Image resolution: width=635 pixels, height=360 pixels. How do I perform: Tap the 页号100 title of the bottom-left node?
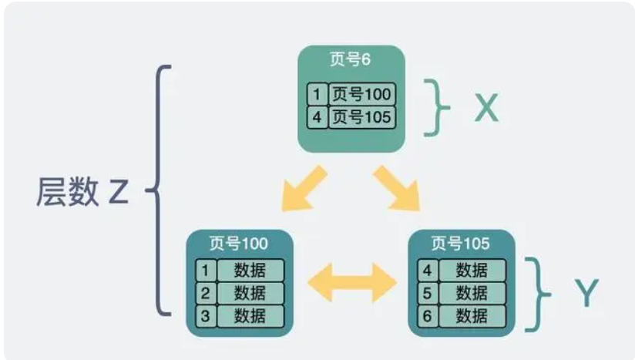(x=239, y=244)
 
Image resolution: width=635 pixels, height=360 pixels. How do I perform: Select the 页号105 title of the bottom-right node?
(x=460, y=244)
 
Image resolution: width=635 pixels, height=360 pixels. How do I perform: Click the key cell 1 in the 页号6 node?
(x=317, y=95)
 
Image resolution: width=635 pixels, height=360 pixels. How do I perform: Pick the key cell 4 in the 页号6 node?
(x=317, y=118)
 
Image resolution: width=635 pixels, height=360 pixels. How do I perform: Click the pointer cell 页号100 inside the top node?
(x=362, y=95)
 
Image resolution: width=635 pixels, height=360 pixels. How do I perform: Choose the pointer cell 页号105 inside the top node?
(x=362, y=118)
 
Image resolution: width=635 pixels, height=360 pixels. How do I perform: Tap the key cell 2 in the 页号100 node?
(x=205, y=293)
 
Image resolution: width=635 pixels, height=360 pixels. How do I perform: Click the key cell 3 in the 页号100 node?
(x=205, y=315)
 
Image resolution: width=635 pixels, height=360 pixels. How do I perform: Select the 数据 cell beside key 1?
(x=250, y=270)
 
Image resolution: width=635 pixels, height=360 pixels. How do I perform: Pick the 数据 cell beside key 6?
(x=471, y=315)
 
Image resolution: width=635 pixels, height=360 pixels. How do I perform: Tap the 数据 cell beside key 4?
(x=471, y=270)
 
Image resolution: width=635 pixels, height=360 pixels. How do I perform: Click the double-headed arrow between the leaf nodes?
(x=351, y=281)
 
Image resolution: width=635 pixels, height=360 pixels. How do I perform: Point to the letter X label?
(x=486, y=109)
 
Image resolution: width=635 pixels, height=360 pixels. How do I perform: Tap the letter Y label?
(x=586, y=294)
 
